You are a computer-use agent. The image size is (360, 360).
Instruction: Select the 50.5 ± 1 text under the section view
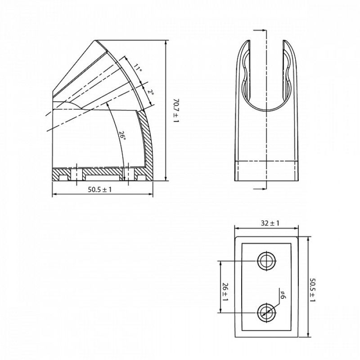coord(99,190)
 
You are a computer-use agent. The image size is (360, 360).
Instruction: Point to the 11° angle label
coord(137,69)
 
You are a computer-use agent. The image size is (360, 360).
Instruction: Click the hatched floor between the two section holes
coord(103,171)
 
